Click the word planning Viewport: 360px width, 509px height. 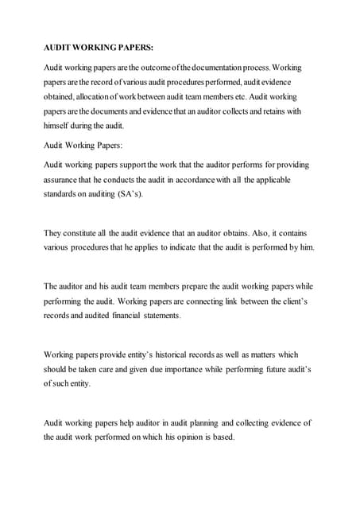[188, 422]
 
